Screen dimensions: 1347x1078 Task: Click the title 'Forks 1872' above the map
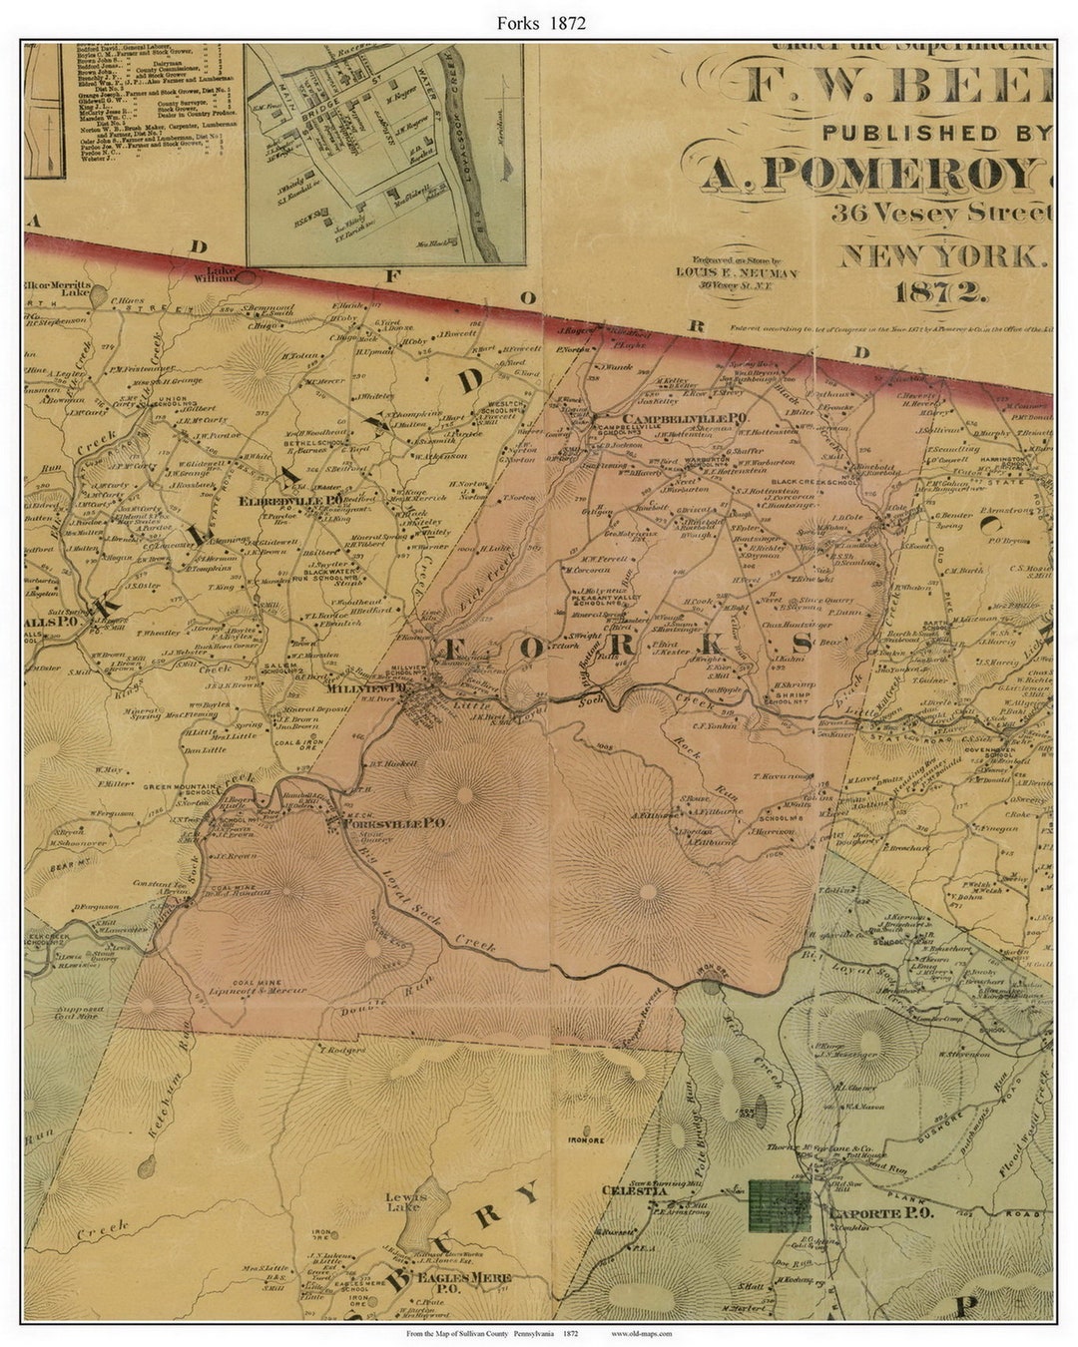tap(538, 23)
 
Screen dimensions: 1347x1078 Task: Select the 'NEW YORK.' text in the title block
tap(943, 256)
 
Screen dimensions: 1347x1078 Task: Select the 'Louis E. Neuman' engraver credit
tap(736, 272)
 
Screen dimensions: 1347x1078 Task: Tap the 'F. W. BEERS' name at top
tap(898, 88)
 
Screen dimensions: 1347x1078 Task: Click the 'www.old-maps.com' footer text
tap(641, 1333)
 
